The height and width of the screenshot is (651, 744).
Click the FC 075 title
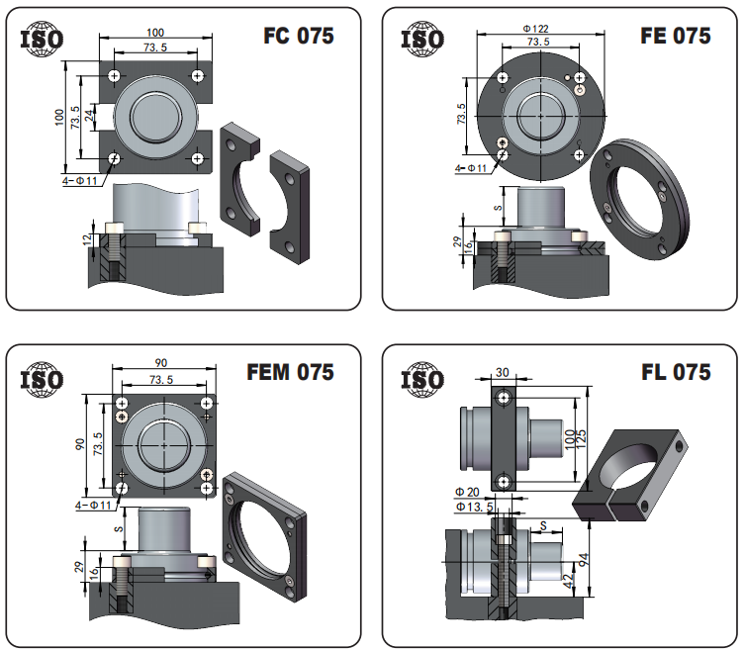click(299, 36)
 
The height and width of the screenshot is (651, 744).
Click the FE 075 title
click(675, 36)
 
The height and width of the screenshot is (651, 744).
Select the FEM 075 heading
click(290, 372)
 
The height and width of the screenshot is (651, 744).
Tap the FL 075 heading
click(676, 372)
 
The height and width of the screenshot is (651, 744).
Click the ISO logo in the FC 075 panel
click(42, 39)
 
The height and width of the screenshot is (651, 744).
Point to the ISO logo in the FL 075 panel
click(422, 380)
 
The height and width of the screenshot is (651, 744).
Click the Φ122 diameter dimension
click(536, 29)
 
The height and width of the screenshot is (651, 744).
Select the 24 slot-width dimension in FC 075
click(89, 116)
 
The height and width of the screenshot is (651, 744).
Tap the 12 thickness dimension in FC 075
click(87, 239)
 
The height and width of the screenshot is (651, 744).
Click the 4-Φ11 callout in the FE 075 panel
click(471, 168)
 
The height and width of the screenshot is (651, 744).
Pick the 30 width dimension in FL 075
click(502, 372)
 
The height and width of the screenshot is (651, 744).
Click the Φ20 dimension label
click(467, 492)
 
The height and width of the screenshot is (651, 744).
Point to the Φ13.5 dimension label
click(475, 507)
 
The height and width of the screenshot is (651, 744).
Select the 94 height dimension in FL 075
click(584, 560)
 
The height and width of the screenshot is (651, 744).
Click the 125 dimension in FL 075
click(582, 439)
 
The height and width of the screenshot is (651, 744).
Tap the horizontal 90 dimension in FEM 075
click(161, 363)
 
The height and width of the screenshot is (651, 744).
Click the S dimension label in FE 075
click(498, 208)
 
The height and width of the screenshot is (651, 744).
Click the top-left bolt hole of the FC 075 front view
click(114, 76)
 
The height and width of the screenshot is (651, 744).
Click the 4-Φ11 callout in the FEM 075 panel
click(93, 506)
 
